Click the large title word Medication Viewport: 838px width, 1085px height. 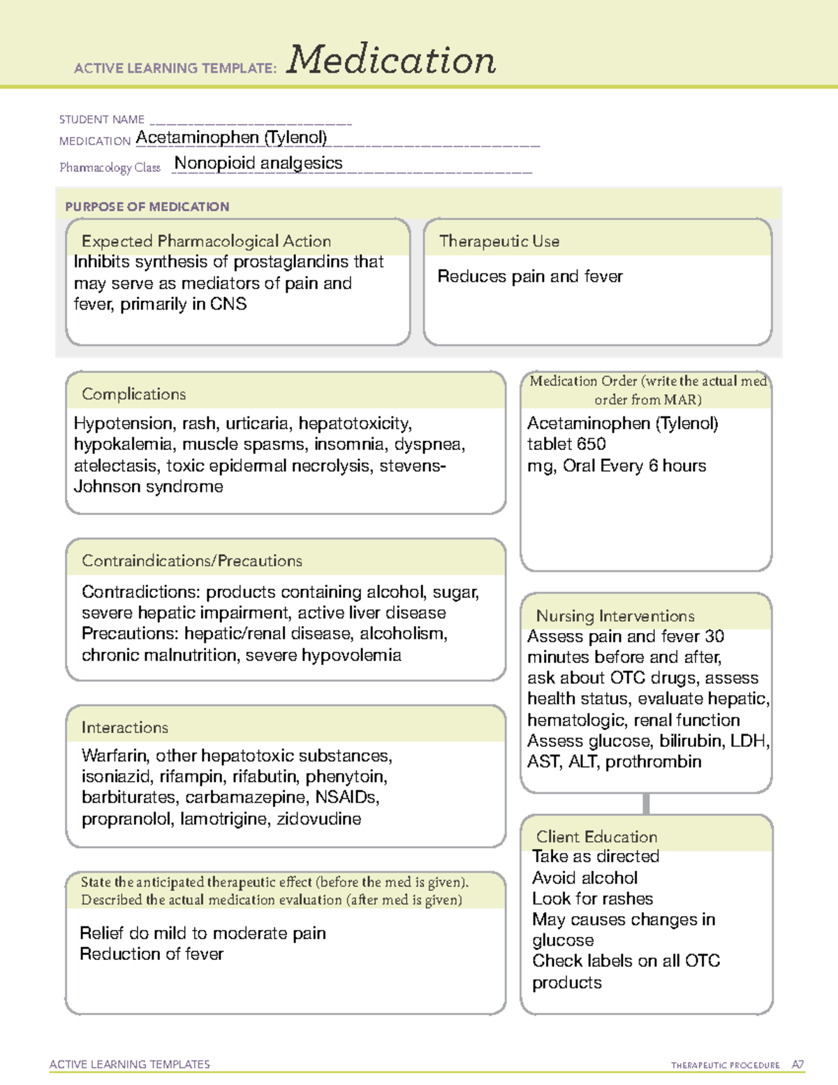coord(391,60)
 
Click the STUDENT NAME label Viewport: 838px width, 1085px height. coord(102,119)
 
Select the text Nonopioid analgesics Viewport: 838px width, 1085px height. coord(258,163)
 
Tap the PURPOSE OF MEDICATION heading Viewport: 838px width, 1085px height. coord(147,207)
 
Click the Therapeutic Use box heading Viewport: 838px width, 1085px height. coord(499,241)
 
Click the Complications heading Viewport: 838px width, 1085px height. coord(134,394)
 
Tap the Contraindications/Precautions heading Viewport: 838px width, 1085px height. coord(192,561)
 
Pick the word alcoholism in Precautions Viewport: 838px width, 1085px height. coord(405,634)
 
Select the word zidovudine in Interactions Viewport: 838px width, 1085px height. coord(319,819)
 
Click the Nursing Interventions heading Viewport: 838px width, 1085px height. coord(615,616)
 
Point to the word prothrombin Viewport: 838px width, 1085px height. coord(653,762)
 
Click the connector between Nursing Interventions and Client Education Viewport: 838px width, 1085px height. coord(646,804)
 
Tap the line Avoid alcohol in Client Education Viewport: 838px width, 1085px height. coord(585,878)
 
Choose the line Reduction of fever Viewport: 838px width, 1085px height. coord(152,954)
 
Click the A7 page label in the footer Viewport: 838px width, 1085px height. coord(797,1065)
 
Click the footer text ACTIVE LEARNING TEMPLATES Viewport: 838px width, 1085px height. coord(130,1064)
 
